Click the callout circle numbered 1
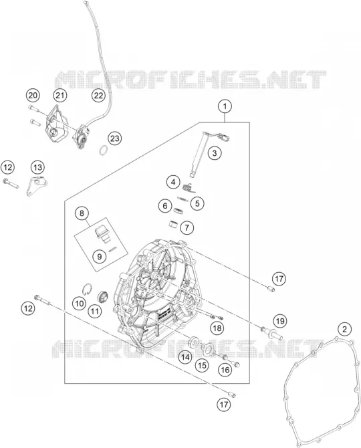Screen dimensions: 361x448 225,106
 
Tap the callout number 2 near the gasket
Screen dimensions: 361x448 344,329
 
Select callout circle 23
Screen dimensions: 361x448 114,138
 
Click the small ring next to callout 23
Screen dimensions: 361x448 104,150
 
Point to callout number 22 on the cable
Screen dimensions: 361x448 98,96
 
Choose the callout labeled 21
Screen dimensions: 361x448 60,96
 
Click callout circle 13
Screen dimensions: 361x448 38,167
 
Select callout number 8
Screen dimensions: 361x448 82,213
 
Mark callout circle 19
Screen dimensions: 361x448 280,321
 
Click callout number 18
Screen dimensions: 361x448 217,328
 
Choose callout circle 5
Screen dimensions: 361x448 197,203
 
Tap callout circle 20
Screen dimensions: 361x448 33,96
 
